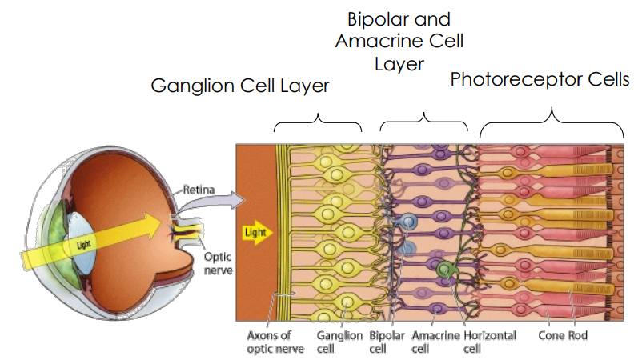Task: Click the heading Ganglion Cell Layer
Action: pyautogui.click(x=240, y=86)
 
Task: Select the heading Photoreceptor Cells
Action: pyautogui.click(x=540, y=79)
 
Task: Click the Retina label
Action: pyautogui.click(x=199, y=190)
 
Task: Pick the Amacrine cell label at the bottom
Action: pyautogui.click(x=433, y=342)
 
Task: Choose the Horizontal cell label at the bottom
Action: pyautogui.click(x=488, y=342)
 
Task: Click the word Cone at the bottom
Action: pyautogui.click(x=550, y=335)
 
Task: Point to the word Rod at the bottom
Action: pyautogui.click(x=577, y=335)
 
